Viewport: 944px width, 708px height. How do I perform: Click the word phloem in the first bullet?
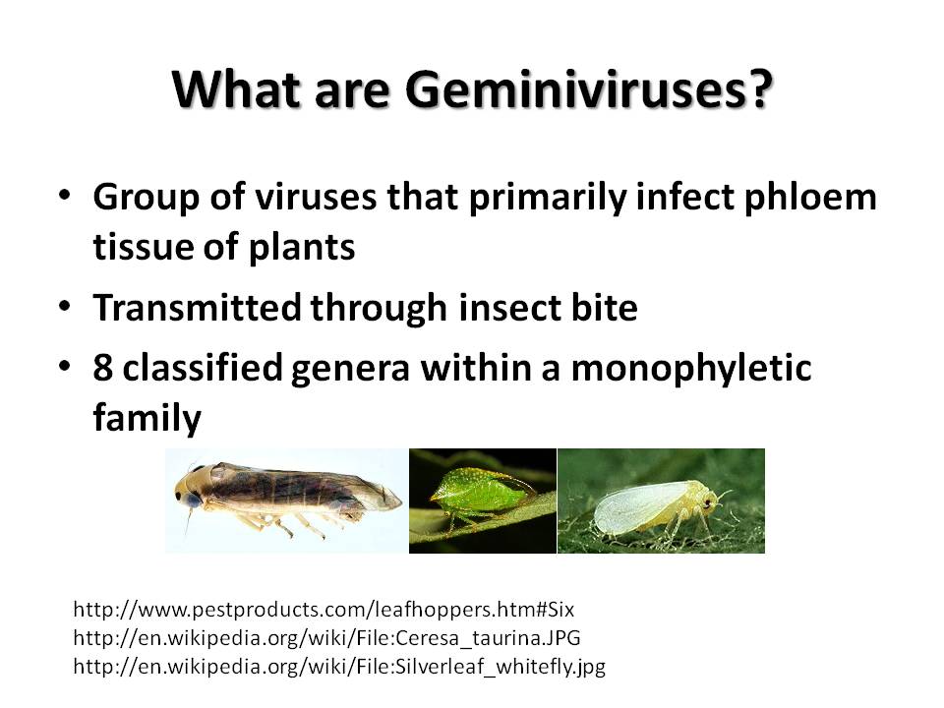tap(810, 198)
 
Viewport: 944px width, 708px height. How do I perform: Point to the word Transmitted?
tap(197, 307)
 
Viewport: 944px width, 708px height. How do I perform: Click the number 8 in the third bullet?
tap(103, 367)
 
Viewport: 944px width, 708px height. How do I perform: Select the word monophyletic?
tap(691, 369)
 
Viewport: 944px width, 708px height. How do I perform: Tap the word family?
tap(147, 418)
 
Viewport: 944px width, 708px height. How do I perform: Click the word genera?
tap(350, 369)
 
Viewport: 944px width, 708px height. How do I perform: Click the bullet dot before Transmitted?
tap(65, 306)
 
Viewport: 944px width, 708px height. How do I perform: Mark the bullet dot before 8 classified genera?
tap(65, 366)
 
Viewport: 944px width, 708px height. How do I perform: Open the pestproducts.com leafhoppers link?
tap(324, 610)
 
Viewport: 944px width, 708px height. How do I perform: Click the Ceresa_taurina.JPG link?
tap(326, 637)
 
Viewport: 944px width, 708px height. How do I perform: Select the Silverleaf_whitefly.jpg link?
tap(339, 667)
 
